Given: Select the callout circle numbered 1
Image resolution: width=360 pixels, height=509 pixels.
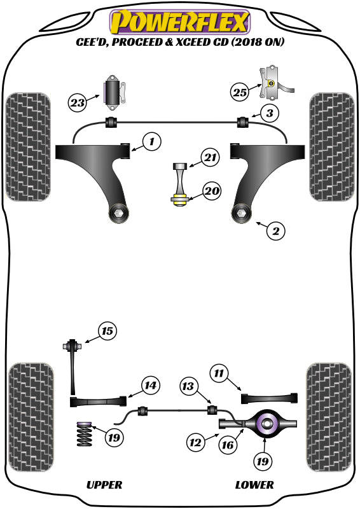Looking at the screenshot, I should point(151,141).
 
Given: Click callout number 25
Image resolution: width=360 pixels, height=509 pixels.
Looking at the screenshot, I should point(239,92).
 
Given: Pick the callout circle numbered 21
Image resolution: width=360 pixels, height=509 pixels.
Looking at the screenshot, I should point(211,157).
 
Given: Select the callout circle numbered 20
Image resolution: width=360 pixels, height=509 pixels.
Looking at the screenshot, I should point(211,190).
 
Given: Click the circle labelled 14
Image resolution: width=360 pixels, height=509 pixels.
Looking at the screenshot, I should point(150,385).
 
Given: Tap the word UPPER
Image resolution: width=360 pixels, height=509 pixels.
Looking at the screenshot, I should point(104,485).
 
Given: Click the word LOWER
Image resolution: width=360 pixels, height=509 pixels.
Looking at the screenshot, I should point(254,485).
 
